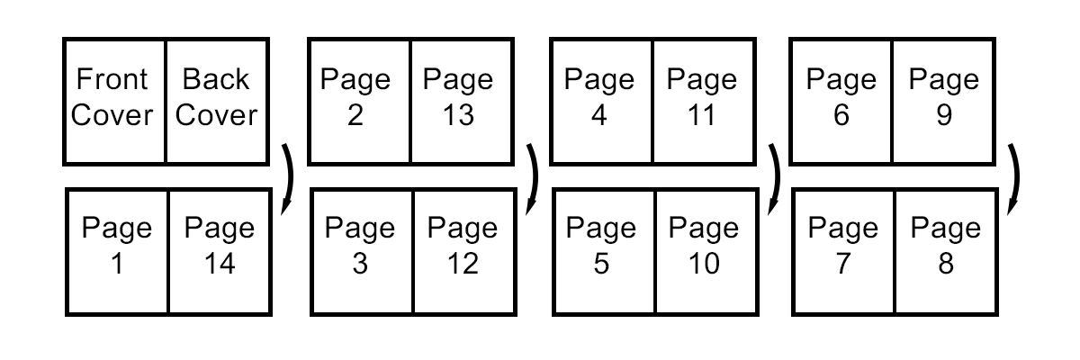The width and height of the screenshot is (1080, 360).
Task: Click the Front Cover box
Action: [113, 102]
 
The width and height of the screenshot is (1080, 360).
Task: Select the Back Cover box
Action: [216, 102]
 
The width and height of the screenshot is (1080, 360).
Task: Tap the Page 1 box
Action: [117, 251]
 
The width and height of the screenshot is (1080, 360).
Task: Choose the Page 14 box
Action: [220, 251]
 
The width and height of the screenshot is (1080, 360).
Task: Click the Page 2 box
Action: [358, 102]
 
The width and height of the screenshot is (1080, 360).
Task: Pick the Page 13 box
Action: [460, 102]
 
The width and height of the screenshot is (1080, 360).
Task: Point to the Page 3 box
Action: [362, 251]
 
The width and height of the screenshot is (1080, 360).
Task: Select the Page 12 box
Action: [463, 251]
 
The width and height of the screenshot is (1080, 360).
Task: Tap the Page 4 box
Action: [601, 102]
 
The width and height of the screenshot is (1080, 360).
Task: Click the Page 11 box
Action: [703, 102]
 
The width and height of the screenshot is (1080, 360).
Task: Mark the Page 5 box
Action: [604, 251]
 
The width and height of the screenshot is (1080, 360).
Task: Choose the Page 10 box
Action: [706, 251]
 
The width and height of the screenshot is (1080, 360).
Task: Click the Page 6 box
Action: [841, 102]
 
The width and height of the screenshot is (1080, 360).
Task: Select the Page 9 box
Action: [943, 102]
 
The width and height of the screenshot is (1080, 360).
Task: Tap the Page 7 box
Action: [844, 251]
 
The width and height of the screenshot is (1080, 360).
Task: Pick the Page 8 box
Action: [946, 251]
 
